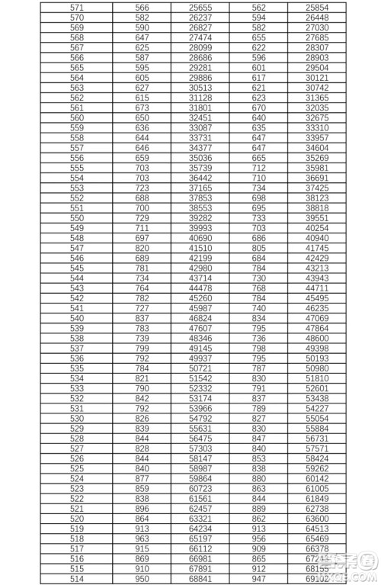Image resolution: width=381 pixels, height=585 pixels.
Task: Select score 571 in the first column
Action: click(77, 7)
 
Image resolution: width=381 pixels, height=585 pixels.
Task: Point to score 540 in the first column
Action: click(77, 317)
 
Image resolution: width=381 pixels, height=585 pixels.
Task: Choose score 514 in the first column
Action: click(77, 578)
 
